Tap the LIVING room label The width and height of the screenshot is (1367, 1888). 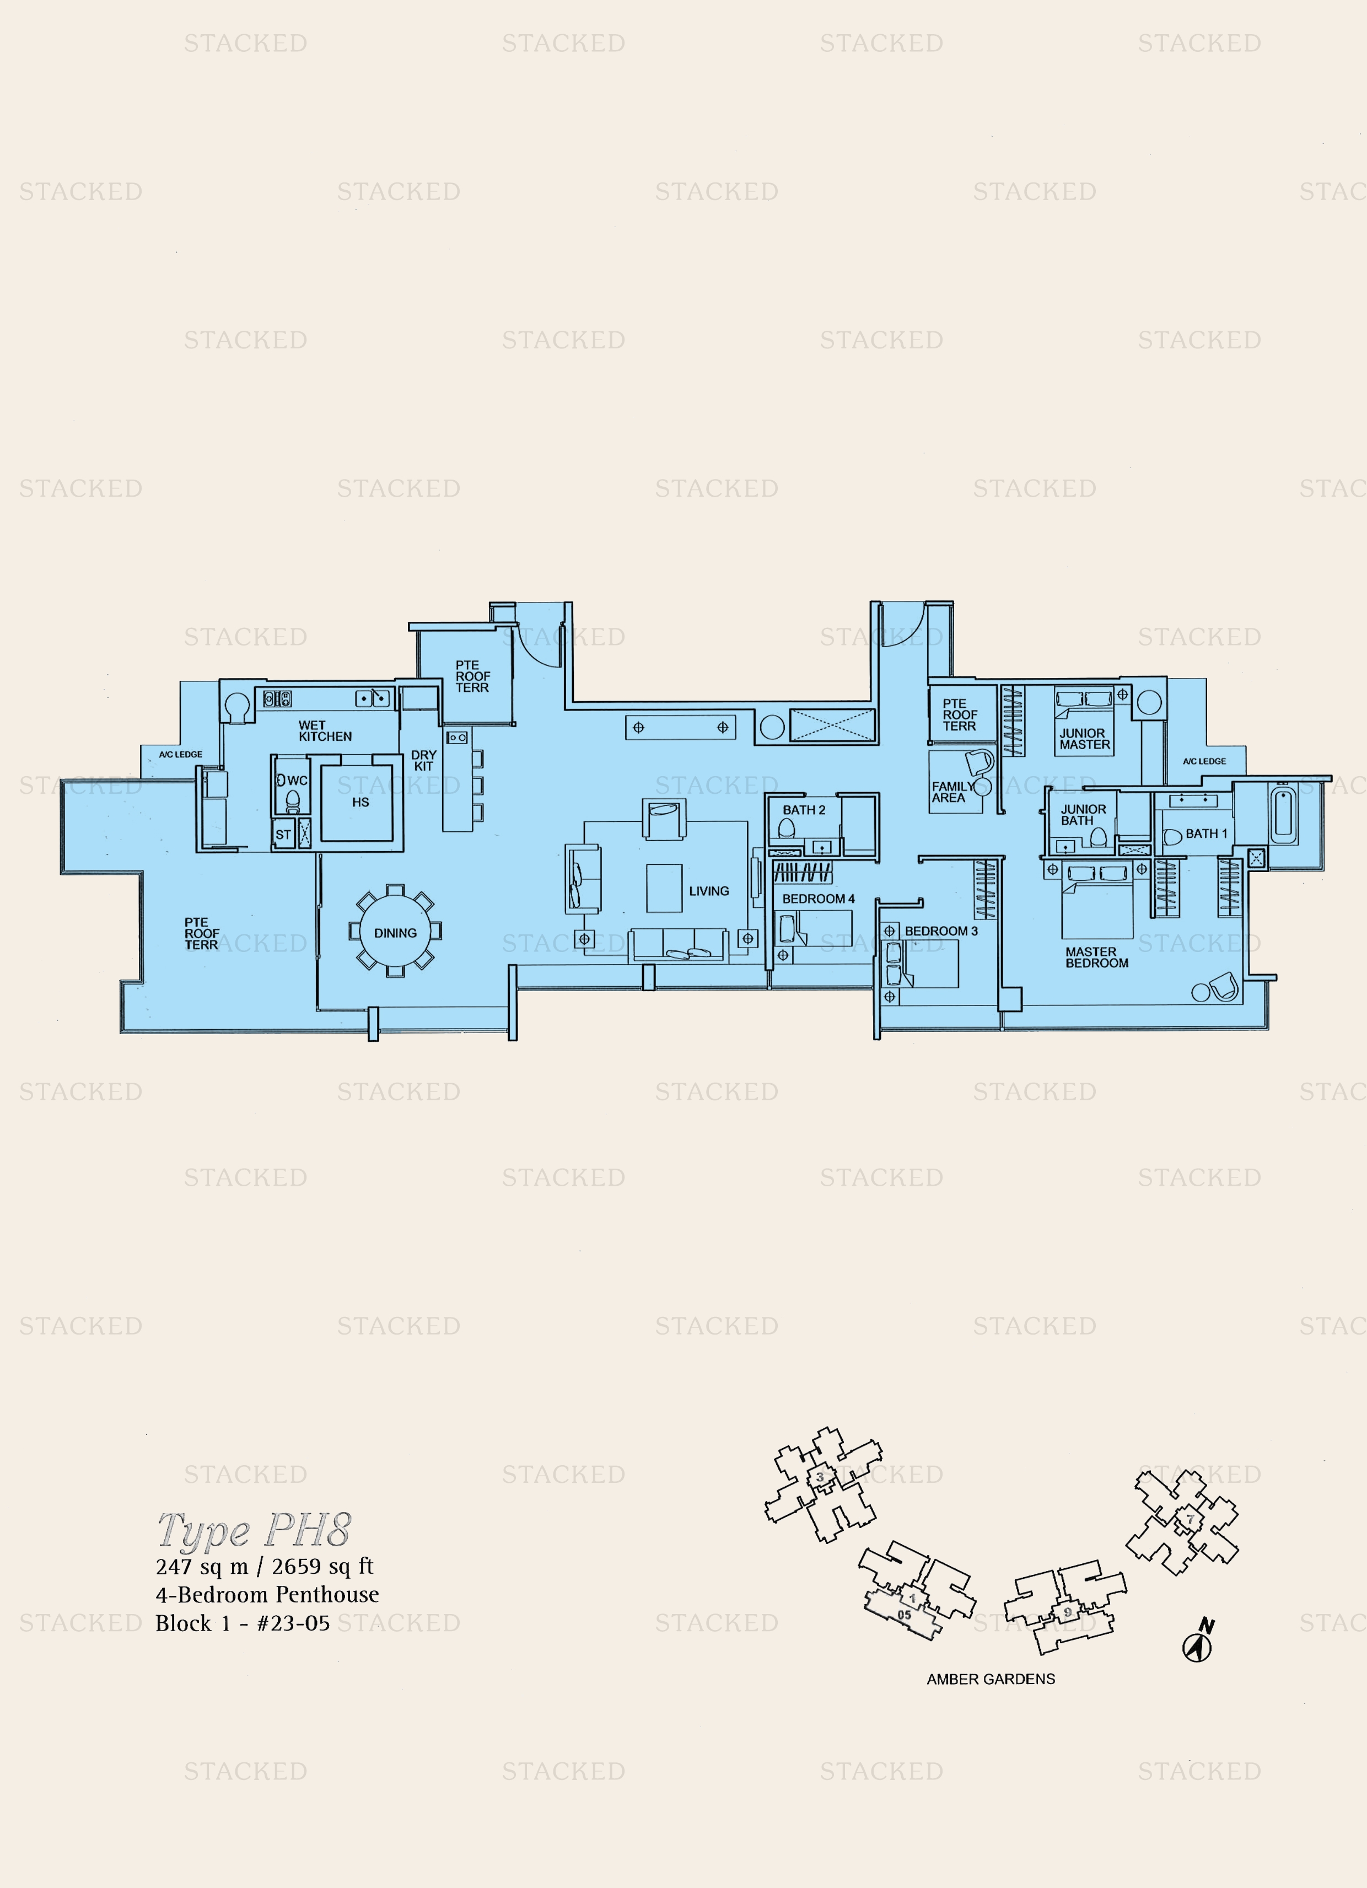[708, 891]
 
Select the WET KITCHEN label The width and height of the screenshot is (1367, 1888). [325, 731]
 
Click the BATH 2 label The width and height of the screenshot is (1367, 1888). [803, 810]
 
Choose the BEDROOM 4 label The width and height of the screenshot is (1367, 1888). [817, 899]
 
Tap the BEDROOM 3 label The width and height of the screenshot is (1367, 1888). [941, 930]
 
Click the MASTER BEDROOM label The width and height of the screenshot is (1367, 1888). [1096, 958]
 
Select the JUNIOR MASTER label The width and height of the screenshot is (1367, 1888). [1084, 739]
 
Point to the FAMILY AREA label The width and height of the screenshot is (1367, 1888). [951, 792]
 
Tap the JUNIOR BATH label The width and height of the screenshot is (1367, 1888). [1082, 815]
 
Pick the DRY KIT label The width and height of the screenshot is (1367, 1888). [424, 760]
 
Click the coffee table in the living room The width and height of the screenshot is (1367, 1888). [664, 888]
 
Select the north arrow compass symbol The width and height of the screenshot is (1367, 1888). [1198, 1646]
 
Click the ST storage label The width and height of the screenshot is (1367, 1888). [283, 834]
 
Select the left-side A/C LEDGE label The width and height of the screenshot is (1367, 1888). [181, 754]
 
